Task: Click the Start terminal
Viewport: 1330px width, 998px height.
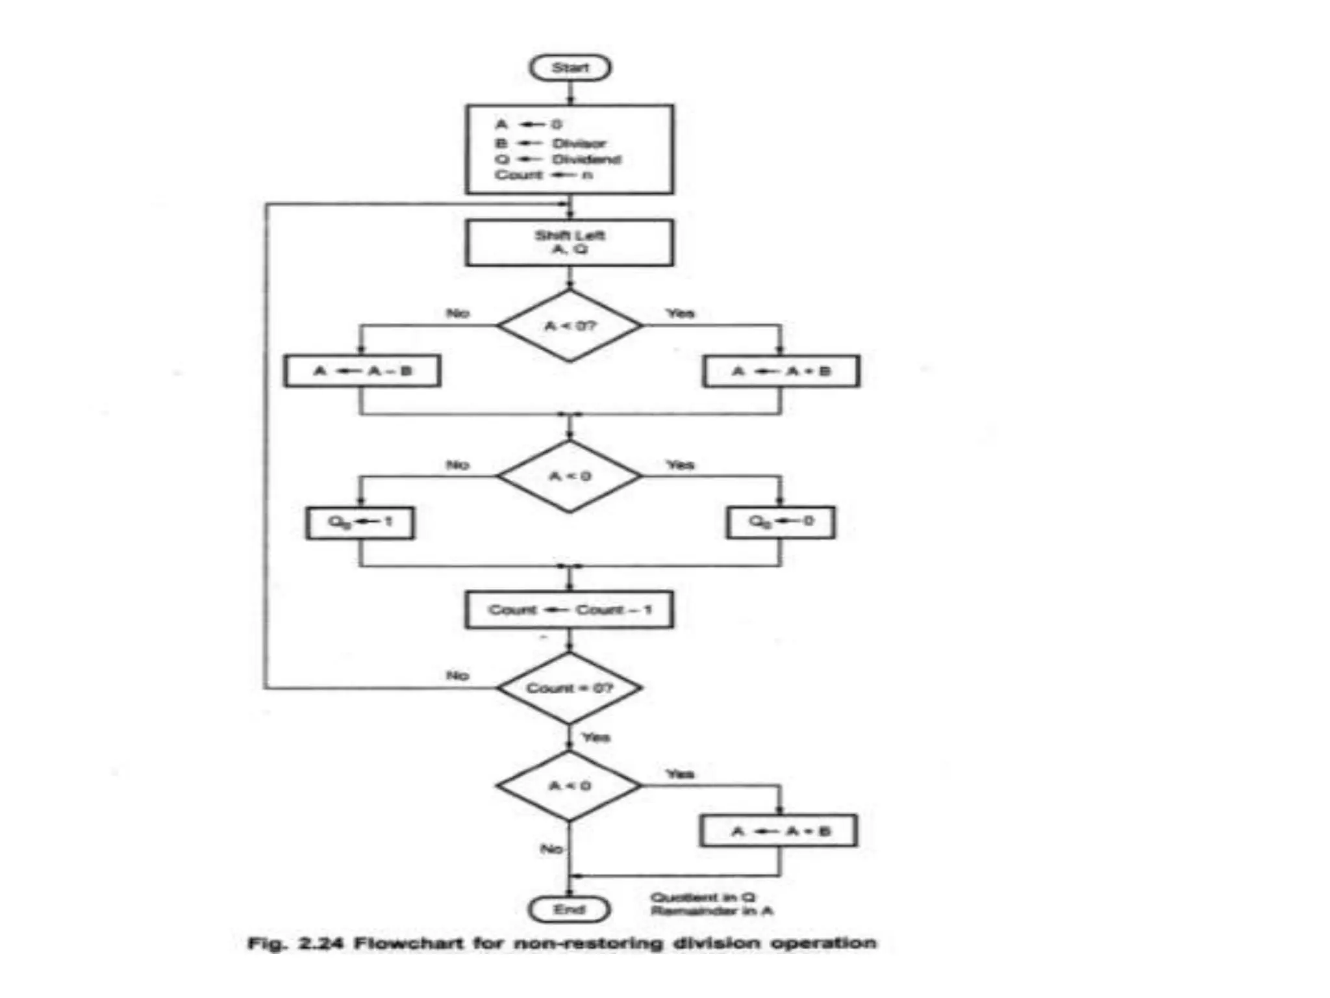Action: pos(570,68)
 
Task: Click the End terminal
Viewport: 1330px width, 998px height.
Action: pos(570,910)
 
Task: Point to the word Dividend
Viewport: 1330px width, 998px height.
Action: pos(586,159)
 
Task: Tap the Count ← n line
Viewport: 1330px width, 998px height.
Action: pos(543,175)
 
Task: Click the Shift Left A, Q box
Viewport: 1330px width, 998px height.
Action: pos(570,242)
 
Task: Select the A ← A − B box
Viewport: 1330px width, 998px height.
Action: pos(362,371)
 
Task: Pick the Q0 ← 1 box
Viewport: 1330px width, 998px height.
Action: pos(360,522)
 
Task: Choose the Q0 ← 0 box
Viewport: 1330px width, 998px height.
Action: pos(781,522)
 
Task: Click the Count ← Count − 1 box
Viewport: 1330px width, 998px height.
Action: pos(570,609)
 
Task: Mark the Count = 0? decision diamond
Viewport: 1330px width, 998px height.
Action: pos(570,688)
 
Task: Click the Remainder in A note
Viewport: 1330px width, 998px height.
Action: pos(712,911)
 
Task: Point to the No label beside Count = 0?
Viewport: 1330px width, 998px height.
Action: pos(457,676)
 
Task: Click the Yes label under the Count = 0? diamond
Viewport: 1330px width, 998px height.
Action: pos(596,737)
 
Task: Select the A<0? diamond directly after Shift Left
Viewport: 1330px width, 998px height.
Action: pos(570,326)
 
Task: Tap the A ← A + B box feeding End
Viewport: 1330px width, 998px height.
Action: pos(779,831)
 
